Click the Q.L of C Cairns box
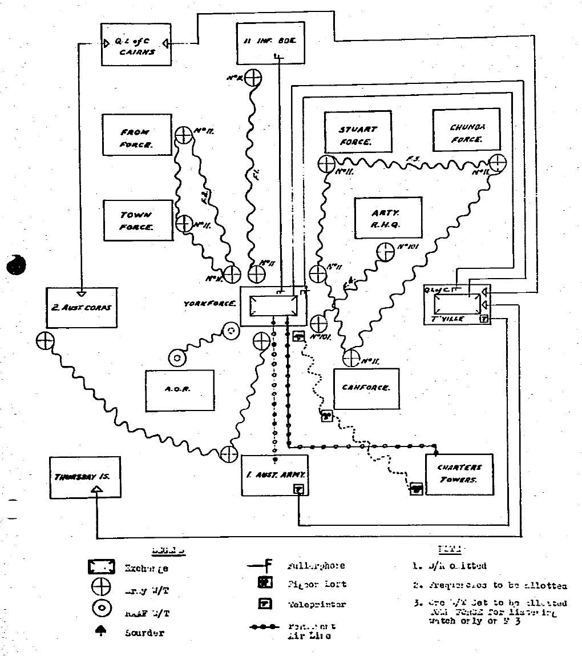click(136, 45)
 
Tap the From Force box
click(136, 135)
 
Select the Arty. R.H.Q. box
click(387, 218)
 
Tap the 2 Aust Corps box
click(80, 308)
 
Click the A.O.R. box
click(179, 391)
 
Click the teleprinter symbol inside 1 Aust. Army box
click(298, 489)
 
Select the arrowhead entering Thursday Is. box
click(96, 489)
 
